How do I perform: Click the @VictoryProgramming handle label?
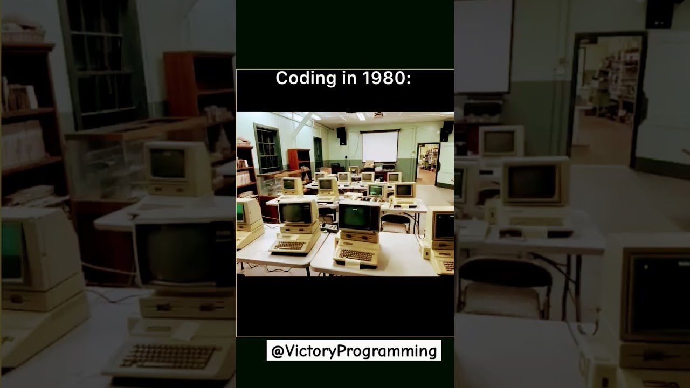(x=354, y=351)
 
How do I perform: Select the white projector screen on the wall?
(x=379, y=147)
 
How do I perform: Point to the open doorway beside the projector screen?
(x=427, y=163)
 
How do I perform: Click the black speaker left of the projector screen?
(x=342, y=135)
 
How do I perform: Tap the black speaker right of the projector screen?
(x=446, y=131)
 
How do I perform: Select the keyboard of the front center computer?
(x=355, y=254)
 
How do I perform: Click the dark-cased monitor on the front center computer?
(x=358, y=217)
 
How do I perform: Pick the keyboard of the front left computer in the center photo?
(x=289, y=246)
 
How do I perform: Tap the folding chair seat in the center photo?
(x=395, y=227)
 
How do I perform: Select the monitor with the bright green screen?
(x=376, y=190)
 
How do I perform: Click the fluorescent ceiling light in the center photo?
(x=361, y=115)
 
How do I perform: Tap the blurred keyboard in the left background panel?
(x=167, y=356)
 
